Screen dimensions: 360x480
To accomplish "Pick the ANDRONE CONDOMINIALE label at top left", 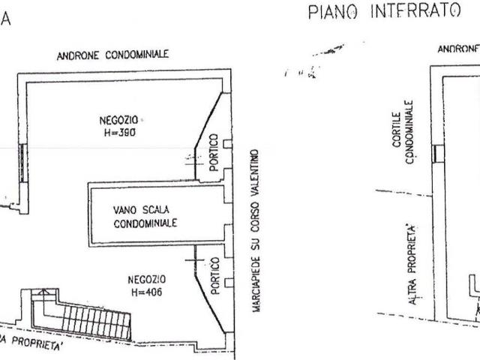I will coord(113,55).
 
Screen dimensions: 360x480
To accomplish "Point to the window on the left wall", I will coord(24,164).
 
